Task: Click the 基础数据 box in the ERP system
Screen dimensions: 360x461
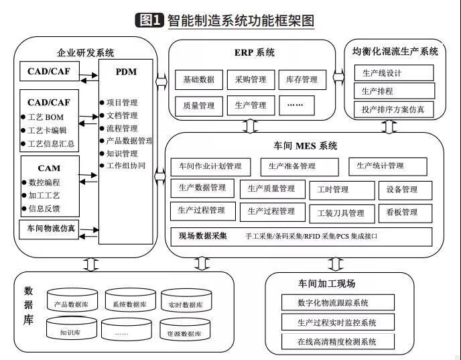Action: point(199,80)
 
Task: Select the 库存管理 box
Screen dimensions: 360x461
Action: point(300,80)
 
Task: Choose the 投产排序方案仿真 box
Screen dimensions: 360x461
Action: point(394,109)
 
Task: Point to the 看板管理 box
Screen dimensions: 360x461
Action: point(402,212)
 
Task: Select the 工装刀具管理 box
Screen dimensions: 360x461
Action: point(341,213)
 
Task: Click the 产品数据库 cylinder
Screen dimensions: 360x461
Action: point(72,303)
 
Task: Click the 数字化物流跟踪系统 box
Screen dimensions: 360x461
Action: point(338,303)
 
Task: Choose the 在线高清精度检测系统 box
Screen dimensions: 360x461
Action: point(338,341)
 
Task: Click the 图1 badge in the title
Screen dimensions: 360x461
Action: point(149,20)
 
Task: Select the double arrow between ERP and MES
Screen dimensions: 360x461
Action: point(249,125)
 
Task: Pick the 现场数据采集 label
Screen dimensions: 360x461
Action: point(203,235)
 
